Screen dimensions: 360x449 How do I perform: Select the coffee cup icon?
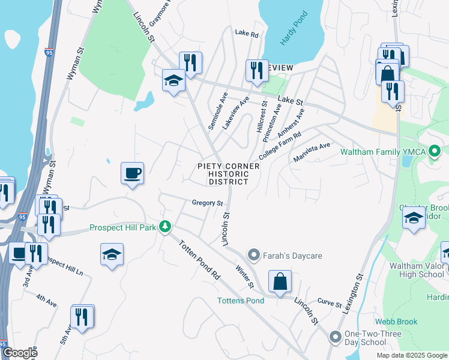click(x=132, y=174)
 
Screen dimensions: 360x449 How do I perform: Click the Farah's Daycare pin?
click(x=254, y=256)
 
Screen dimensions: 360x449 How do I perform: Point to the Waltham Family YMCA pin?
click(x=435, y=151)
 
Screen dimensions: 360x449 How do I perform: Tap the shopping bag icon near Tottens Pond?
click(x=280, y=281)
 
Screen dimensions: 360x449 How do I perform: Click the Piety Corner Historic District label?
click(x=229, y=174)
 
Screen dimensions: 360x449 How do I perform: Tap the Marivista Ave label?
click(x=312, y=152)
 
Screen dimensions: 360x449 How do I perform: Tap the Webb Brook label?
click(x=396, y=322)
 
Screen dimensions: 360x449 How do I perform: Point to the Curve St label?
click(x=330, y=302)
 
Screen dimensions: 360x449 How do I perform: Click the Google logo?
click(x=20, y=353)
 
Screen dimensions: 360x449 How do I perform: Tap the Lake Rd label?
click(x=246, y=34)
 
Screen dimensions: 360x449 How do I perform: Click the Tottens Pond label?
click(x=240, y=300)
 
